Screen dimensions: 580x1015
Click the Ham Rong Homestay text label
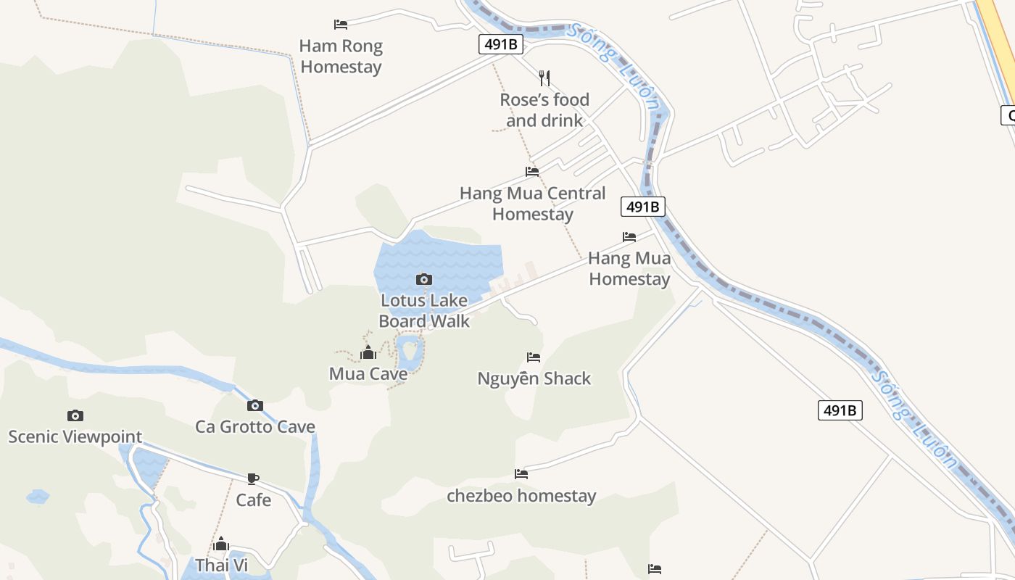[x=341, y=57]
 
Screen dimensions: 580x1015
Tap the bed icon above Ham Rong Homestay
[x=341, y=25]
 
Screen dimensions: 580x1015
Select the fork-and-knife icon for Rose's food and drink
[x=544, y=78]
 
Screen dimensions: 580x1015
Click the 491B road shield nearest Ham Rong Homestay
[x=501, y=44]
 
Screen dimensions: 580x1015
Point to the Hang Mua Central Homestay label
[x=533, y=204]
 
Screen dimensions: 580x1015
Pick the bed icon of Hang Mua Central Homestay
[x=532, y=172]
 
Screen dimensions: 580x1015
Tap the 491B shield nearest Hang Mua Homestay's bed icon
[x=643, y=207]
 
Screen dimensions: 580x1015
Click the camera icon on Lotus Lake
[x=424, y=279]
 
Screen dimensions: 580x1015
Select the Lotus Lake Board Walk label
[x=424, y=310]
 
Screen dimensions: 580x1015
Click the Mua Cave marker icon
[x=368, y=353]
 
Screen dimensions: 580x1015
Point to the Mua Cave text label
[x=368, y=374]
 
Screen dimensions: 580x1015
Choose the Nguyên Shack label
[x=534, y=378]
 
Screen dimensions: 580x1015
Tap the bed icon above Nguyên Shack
[x=534, y=357]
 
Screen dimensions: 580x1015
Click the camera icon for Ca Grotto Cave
[x=255, y=405]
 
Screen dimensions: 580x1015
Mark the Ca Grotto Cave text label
[x=255, y=426]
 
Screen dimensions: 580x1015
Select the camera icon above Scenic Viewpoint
[x=75, y=415]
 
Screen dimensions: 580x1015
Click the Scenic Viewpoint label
[x=75, y=436]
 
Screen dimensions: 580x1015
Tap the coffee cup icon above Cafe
[x=253, y=478]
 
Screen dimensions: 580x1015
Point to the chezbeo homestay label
[x=521, y=496]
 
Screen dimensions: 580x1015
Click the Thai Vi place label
[x=222, y=565]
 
